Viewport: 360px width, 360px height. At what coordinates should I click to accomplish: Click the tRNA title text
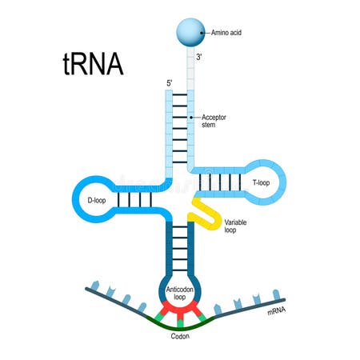[x=93, y=64]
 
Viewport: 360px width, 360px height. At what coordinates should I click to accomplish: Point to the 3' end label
[x=200, y=58]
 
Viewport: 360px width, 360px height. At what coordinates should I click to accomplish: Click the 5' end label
[x=167, y=82]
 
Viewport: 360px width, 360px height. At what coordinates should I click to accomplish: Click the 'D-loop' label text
[x=94, y=200]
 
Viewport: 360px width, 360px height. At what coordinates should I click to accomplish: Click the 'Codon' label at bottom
[x=180, y=337]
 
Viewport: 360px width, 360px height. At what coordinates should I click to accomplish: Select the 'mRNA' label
[x=277, y=310]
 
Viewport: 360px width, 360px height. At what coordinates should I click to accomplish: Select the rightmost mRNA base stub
[x=277, y=295]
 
